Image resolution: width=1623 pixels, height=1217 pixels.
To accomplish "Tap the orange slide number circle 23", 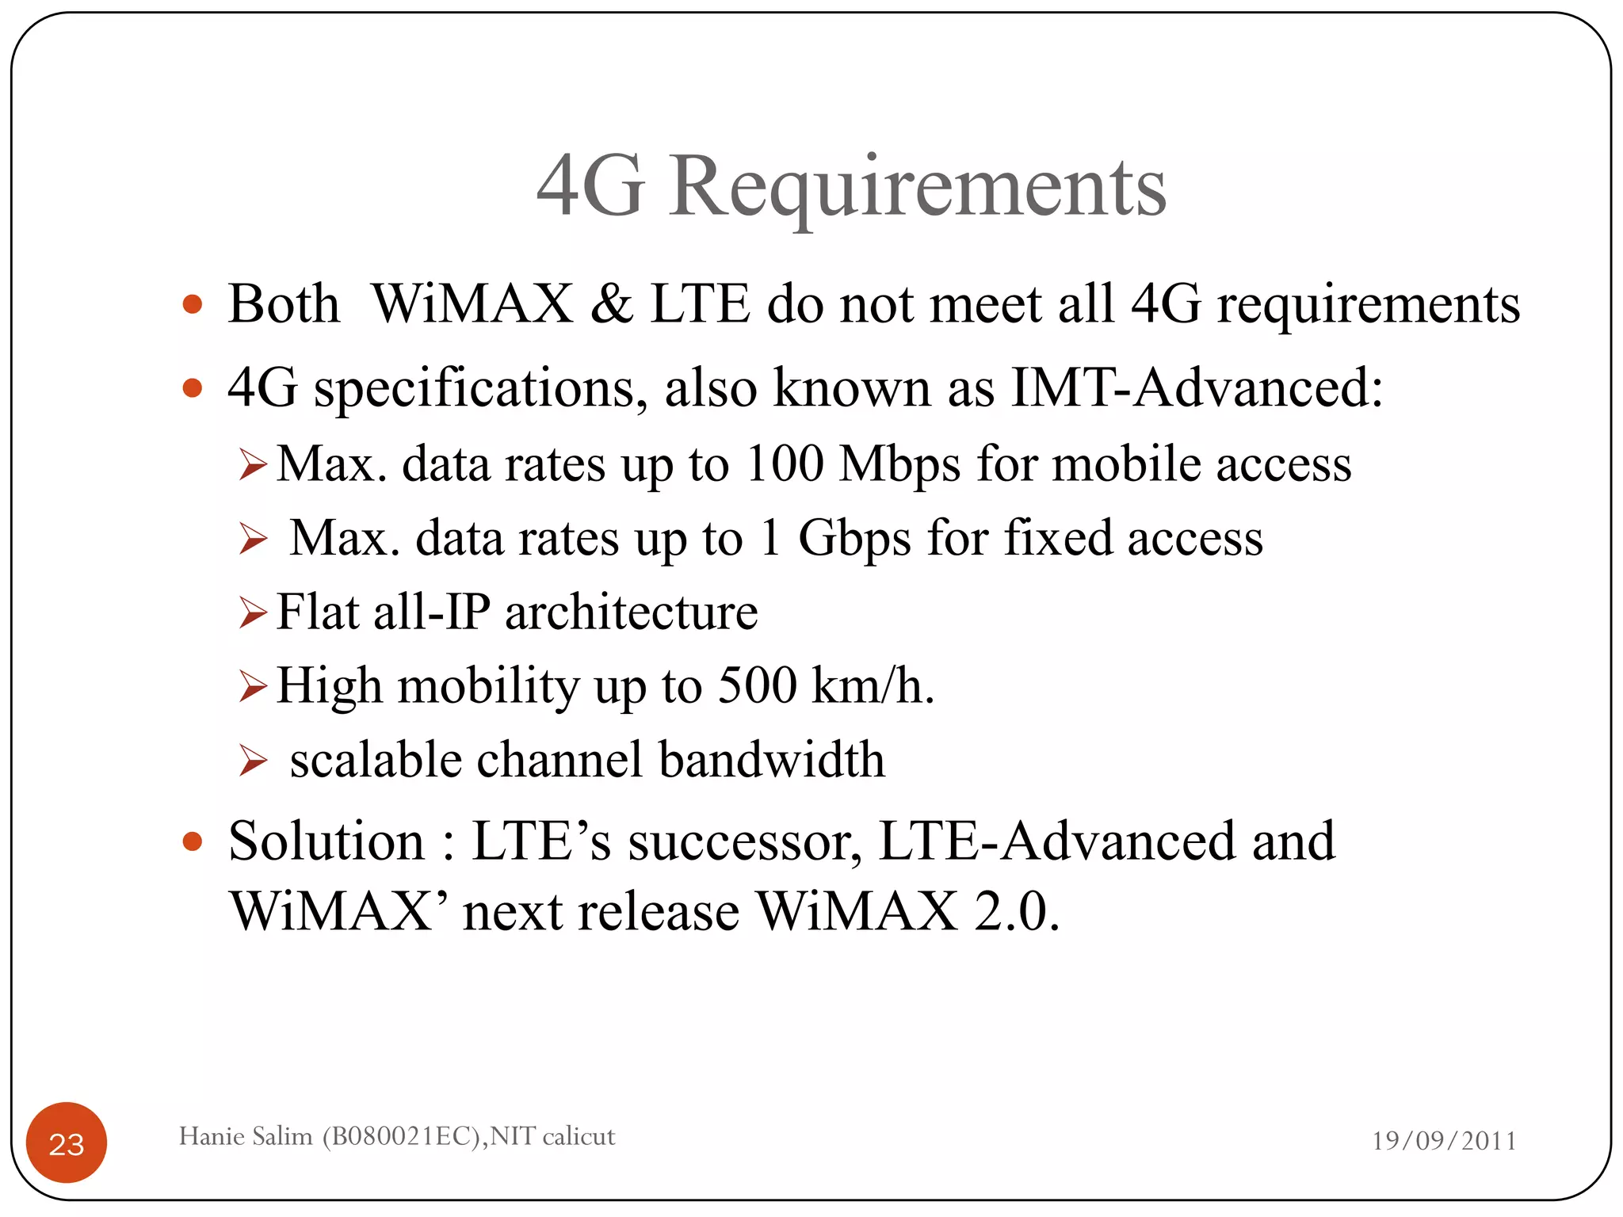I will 67,1143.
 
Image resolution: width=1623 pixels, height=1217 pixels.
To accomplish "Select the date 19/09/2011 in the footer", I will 1444,1141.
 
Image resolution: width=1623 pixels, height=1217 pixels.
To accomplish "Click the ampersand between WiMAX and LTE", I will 611,304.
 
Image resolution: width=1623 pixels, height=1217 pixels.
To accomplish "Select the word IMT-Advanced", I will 1197,388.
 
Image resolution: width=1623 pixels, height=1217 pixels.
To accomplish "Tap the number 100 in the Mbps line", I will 785,464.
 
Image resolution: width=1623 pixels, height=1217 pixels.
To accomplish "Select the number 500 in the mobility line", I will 757,685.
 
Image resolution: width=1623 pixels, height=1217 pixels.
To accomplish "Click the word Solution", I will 327,841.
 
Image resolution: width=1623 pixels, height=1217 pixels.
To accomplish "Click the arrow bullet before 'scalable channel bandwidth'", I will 253,761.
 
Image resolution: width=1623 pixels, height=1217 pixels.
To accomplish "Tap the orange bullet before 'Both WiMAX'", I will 192,304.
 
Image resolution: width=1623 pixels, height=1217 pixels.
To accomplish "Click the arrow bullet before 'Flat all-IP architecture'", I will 253,612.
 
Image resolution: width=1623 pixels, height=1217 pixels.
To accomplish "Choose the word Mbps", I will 899,465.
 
